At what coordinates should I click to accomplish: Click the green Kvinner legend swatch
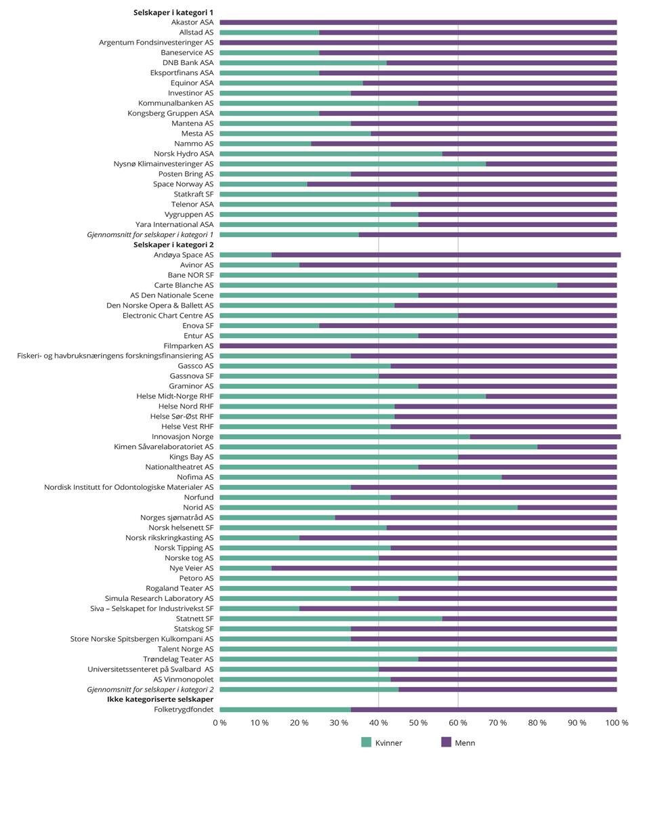(x=366, y=743)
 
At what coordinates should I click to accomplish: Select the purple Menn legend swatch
(x=446, y=743)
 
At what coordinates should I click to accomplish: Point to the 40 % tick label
(x=378, y=723)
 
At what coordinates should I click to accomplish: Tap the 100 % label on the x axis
(x=617, y=723)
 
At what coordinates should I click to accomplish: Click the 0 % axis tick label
(x=220, y=723)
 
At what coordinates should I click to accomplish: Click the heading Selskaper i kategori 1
(x=173, y=12)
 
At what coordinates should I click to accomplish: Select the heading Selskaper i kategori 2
(x=173, y=245)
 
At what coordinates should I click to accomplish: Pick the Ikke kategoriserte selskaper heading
(x=160, y=699)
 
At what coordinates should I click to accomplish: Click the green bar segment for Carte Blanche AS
(x=388, y=285)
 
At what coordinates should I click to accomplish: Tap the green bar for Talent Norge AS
(x=418, y=649)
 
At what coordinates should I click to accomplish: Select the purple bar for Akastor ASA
(x=418, y=22)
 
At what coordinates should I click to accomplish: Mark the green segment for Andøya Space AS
(x=245, y=255)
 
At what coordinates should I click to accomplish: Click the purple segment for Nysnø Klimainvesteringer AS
(x=551, y=164)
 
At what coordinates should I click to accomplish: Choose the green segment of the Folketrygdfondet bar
(x=285, y=709)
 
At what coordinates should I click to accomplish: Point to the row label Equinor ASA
(x=192, y=83)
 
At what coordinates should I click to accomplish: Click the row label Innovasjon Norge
(x=182, y=437)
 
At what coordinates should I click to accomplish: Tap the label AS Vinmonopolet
(x=183, y=680)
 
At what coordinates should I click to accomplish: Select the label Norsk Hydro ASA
(x=183, y=154)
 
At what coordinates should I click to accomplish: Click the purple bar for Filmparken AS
(x=418, y=346)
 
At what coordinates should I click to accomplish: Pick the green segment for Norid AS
(x=369, y=507)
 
